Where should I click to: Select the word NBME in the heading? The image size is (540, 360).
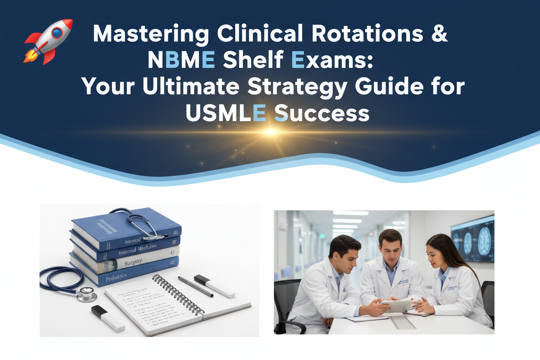pos(181,61)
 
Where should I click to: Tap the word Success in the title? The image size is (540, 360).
pos(322,113)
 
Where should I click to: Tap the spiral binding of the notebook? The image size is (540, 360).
pos(177,294)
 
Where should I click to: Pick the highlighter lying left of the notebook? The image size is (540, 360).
pos(108,318)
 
